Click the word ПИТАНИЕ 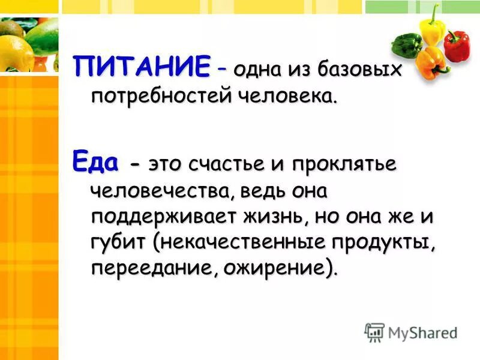(142, 66)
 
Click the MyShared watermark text (422, 332)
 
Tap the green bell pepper (406, 44)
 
